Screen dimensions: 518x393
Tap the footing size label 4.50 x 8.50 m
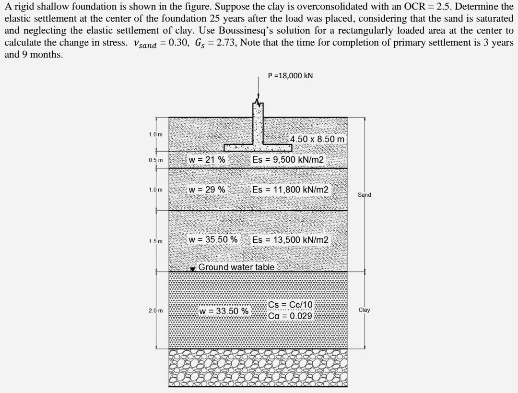point(318,139)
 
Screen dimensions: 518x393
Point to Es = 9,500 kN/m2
point(289,160)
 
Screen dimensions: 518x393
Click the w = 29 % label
point(207,190)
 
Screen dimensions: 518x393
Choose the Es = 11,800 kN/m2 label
point(291,190)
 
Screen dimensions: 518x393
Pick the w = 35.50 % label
point(213,239)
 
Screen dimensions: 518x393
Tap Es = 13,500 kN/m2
point(291,239)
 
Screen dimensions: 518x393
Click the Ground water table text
point(236,267)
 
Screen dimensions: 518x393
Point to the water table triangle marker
point(193,269)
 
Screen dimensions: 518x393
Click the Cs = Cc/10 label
point(291,305)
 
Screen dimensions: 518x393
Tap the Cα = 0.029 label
point(291,316)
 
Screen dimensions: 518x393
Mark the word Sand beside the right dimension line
point(365,195)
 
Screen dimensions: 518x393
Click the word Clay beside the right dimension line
point(365,310)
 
